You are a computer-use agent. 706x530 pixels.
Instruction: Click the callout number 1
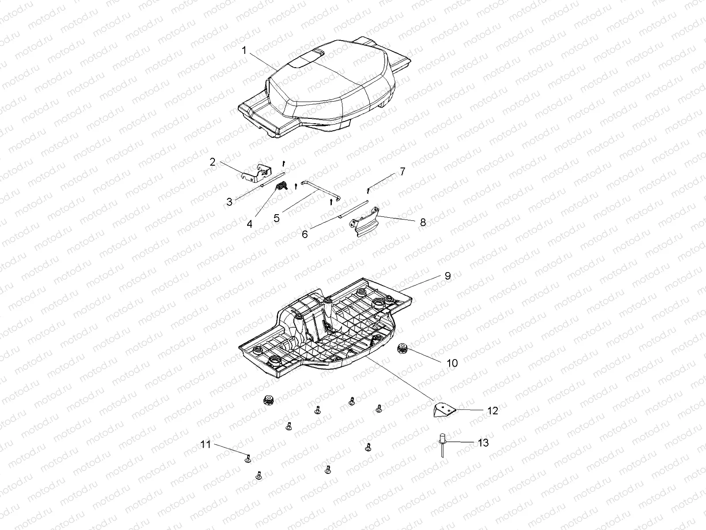[x=244, y=51]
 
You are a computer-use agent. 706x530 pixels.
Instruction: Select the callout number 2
[x=213, y=162]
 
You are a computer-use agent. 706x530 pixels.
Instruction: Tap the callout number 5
[x=277, y=218]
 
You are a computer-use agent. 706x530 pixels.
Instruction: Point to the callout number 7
[x=402, y=171]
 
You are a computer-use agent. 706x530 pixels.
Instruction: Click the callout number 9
[x=447, y=276]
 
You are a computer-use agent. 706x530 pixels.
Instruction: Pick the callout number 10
[x=452, y=363]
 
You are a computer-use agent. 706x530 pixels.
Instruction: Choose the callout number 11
[x=206, y=444]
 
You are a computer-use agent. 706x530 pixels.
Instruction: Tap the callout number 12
[x=492, y=411]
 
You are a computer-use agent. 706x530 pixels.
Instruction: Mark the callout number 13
[x=483, y=443]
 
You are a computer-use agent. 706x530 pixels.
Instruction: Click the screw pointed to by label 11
[x=248, y=458]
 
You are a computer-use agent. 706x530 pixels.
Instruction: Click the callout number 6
[x=304, y=234]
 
